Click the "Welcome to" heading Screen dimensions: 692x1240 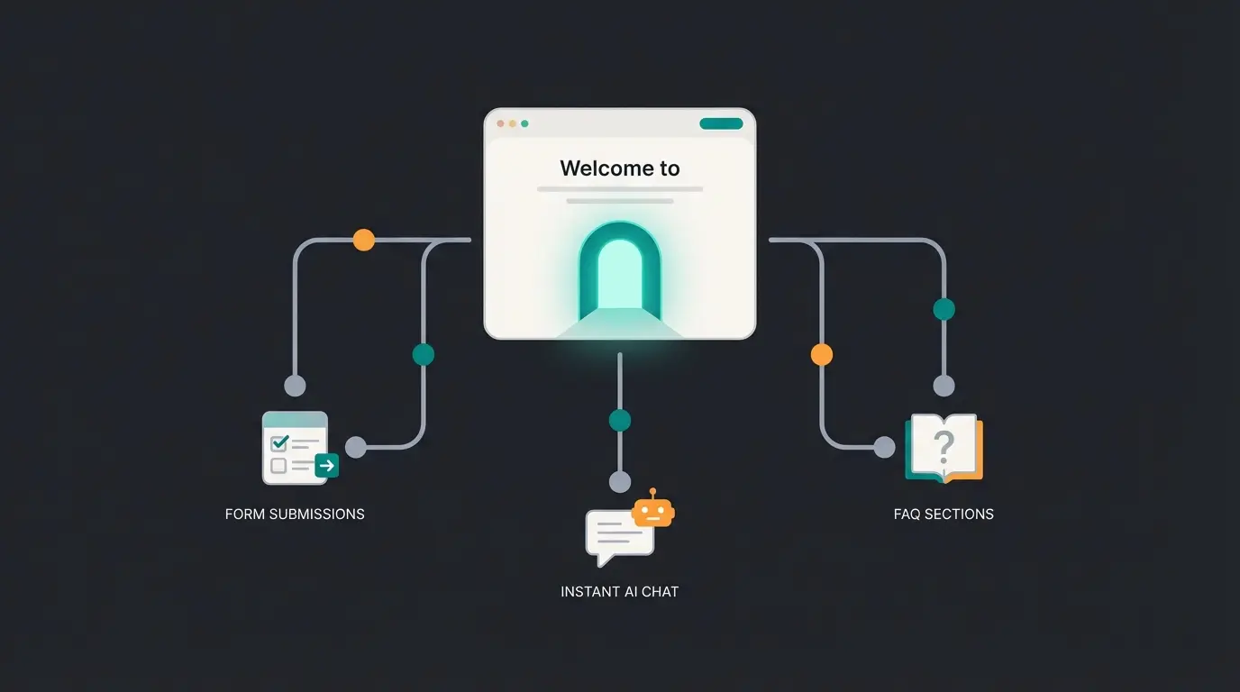(620, 168)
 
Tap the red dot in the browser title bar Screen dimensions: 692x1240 (501, 123)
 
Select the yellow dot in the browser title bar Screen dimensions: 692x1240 (513, 123)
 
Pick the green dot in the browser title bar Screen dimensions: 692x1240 (524, 123)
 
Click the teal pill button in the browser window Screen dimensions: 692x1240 (721, 123)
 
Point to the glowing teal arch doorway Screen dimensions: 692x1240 (620, 270)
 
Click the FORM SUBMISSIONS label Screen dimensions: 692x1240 (295, 514)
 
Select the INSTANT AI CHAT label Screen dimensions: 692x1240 (619, 592)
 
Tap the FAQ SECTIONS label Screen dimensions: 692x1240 (944, 514)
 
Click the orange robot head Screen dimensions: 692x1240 (653, 513)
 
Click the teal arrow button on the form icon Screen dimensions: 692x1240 (327, 466)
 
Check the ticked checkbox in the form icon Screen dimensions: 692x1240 (279, 443)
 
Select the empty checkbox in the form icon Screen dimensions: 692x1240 (279, 466)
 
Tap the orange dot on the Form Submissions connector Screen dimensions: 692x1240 (363, 240)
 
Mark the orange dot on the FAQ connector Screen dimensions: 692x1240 (822, 354)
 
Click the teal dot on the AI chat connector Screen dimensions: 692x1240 (620, 420)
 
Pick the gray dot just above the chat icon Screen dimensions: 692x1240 (620, 481)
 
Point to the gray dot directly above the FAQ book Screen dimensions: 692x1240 (944, 386)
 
